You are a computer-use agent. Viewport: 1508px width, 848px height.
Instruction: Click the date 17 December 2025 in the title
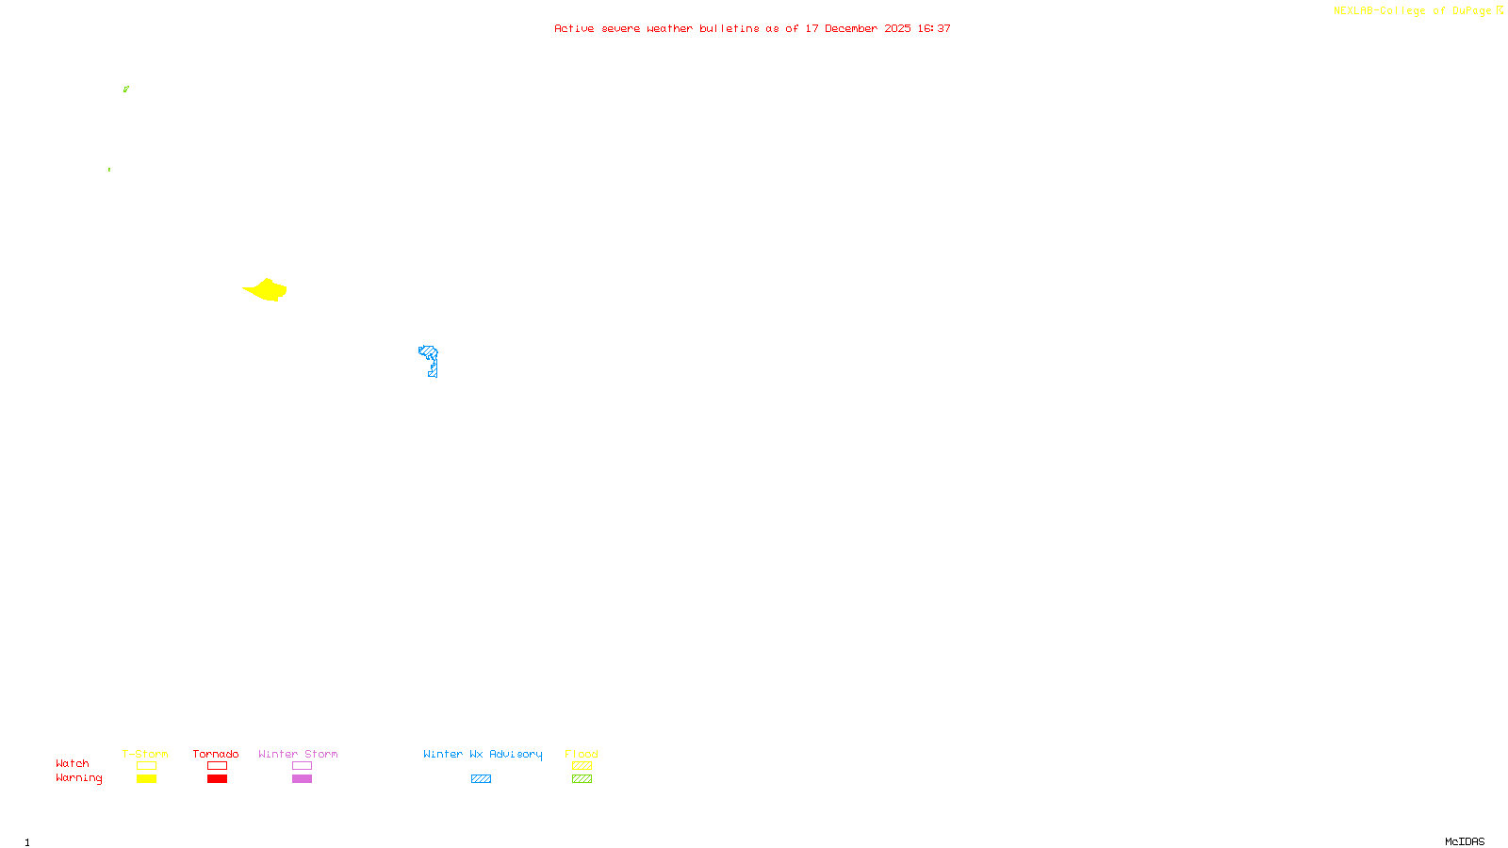coord(858,28)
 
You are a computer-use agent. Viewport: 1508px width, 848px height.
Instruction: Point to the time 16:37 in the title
coord(934,28)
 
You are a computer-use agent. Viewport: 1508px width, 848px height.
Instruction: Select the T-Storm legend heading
coord(145,754)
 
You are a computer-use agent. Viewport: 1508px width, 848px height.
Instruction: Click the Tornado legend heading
coord(216,754)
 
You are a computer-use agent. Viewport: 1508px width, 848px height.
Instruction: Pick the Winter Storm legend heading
coord(298,754)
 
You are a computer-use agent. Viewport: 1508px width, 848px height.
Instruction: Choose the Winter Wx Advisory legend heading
coord(483,754)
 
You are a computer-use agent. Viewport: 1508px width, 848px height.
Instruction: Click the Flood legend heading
coord(582,754)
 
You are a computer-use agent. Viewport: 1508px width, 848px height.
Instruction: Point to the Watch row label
coord(73,764)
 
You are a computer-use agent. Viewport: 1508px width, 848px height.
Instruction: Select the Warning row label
coord(79,778)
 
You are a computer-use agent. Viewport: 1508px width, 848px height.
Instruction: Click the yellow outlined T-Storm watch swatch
coord(146,766)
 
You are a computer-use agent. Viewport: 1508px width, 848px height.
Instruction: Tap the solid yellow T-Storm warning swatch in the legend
coord(146,779)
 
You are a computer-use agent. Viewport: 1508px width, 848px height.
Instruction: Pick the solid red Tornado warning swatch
coord(217,779)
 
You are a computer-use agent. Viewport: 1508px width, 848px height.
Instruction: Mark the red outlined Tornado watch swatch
coord(217,766)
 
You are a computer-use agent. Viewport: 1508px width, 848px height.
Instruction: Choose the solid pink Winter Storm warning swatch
coord(302,779)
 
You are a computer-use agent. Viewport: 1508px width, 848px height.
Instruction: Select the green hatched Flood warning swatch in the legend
coord(582,779)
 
